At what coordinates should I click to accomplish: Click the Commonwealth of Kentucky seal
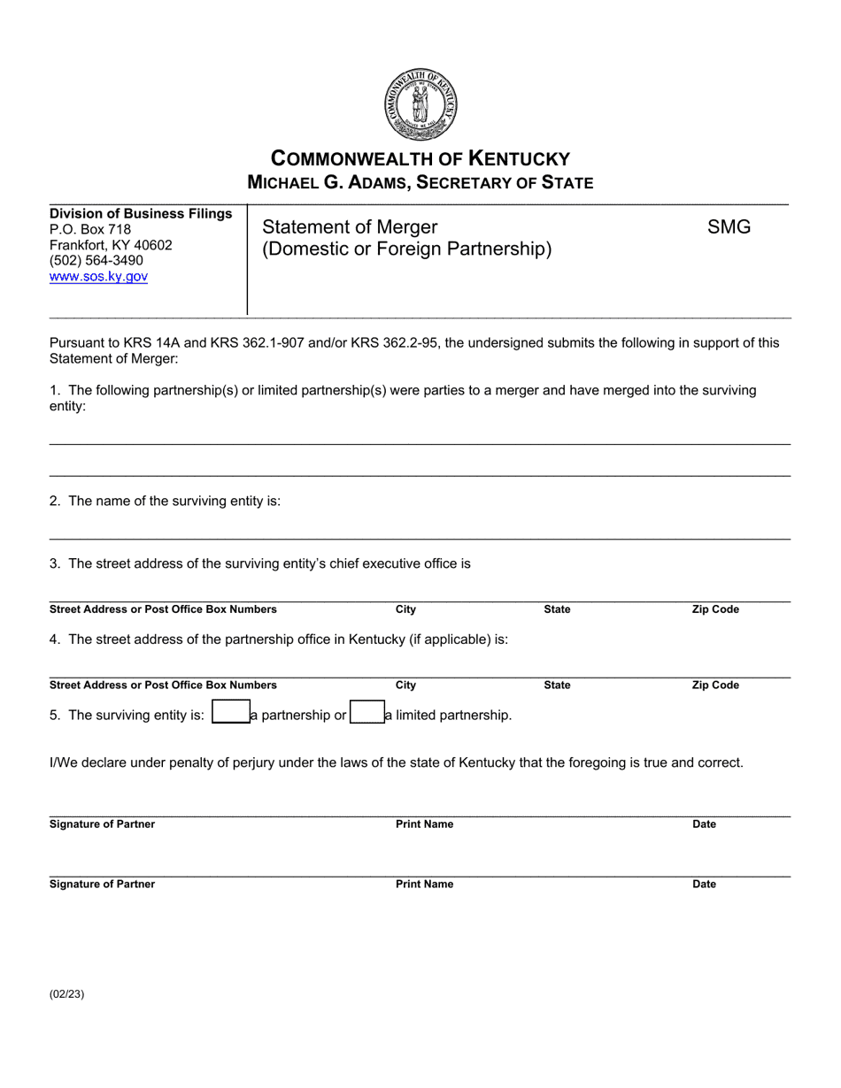[420, 104]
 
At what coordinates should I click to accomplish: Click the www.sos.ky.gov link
[98, 277]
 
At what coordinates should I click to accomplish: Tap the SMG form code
[729, 227]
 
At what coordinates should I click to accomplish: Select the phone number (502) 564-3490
[96, 261]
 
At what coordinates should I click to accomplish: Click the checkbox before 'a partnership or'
[229, 714]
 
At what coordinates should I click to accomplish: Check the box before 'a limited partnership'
[366, 714]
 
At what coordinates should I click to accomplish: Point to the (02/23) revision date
[67, 993]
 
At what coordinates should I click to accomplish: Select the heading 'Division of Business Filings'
[141, 213]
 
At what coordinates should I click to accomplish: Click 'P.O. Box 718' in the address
[90, 229]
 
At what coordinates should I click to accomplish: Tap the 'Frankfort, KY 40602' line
[111, 245]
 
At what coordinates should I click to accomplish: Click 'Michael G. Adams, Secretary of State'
[420, 182]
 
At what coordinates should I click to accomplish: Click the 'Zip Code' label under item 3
[714, 609]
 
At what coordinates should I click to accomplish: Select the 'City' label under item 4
[405, 685]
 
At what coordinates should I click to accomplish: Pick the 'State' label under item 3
[557, 609]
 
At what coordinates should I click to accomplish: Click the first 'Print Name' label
[424, 824]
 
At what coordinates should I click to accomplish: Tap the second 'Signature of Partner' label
[102, 884]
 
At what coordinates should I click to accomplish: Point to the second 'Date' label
[704, 884]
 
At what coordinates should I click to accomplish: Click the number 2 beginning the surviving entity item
[55, 501]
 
